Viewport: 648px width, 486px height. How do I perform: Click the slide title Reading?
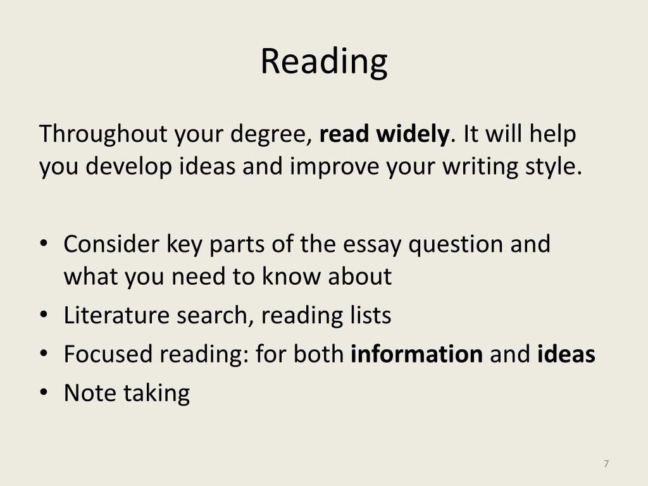pos(324,62)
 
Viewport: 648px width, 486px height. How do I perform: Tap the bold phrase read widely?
pos(385,134)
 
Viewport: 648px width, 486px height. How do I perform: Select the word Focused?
pos(109,354)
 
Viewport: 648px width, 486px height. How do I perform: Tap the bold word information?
pos(416,354)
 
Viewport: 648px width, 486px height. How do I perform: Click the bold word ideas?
pos(566,354)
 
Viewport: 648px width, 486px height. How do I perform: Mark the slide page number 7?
pos(606,464)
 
